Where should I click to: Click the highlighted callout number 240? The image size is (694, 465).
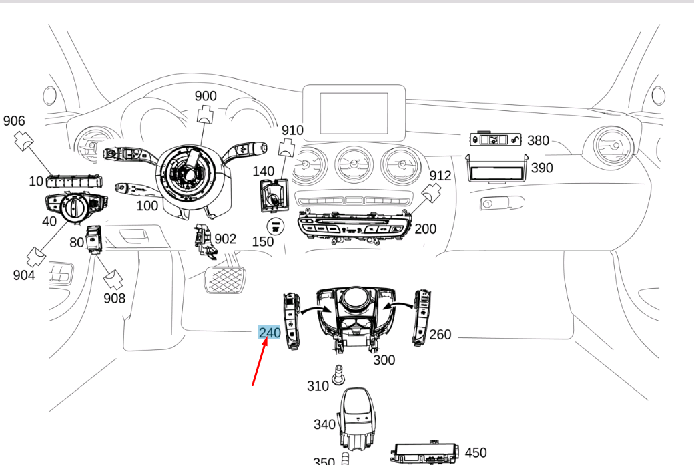click(270, 333)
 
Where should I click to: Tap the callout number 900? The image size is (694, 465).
click(206, 96)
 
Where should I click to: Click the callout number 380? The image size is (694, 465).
click(538, 140)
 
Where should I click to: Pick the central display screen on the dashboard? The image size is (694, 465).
click(354, 113)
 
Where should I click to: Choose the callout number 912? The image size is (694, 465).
click(440, 176)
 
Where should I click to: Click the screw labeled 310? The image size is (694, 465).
click(340, 375)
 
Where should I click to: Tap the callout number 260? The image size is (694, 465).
click(440, 334)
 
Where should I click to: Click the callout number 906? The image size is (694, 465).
click(14, 121)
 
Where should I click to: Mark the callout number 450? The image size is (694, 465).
click(476, 453)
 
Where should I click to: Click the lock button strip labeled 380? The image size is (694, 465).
click(495, 140)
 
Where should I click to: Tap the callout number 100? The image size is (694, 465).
click(147, 206)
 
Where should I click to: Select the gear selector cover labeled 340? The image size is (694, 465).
click(358, 416)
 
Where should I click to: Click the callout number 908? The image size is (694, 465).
click(114, 298)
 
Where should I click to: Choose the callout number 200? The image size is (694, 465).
click(425, 229)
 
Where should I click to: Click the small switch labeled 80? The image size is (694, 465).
click(96, 240)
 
